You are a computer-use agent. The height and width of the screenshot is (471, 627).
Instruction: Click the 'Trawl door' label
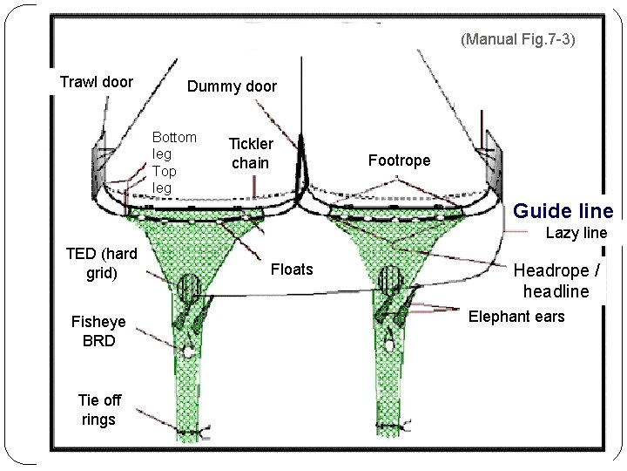[x=96, y=83]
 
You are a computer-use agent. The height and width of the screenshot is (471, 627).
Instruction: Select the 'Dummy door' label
[x=232, y=86]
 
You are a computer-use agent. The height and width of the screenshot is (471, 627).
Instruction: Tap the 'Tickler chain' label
[x=251, y=154]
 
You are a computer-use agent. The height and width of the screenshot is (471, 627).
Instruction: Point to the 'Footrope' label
[x=398, y=160]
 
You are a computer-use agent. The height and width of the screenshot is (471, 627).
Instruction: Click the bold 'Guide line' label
[x=563, y=211]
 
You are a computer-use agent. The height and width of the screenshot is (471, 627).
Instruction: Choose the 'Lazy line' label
[x=576, y=233]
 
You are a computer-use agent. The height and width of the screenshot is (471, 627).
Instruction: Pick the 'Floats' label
[x=292, y=270]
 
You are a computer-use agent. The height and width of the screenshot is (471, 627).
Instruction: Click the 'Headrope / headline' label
[x=556, y=281]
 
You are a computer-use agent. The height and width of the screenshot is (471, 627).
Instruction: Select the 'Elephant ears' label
[x=516, y=317]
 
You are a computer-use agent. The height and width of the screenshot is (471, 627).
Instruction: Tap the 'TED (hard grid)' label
[x=101, y=263]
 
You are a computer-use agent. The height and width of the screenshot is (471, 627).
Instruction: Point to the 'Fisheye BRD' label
[x=98, y=331]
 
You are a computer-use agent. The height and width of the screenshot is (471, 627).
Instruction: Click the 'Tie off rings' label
[x=99, y=410]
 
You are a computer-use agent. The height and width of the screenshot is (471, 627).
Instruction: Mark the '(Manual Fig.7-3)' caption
[x=519, y=40]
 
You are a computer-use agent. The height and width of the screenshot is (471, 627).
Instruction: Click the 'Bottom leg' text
[x=173, y=145]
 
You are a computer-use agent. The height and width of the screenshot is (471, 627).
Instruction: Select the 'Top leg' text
[x=164, y=179]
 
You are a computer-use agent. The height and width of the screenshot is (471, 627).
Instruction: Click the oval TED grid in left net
[x=189, y=289]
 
